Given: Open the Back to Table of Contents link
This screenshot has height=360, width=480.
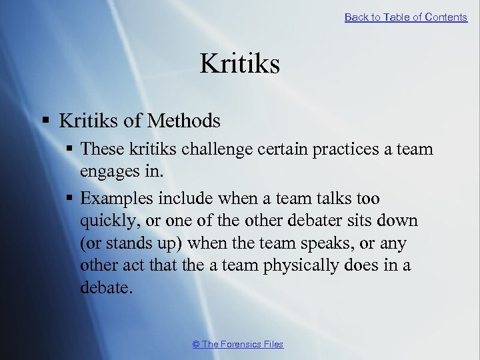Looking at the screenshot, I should pos(405,17).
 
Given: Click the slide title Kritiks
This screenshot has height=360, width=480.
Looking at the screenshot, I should pos(239,64).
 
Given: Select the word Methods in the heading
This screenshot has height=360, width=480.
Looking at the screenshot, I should pos(184,121).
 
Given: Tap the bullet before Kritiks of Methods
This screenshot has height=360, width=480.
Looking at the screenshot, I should pos(46,121).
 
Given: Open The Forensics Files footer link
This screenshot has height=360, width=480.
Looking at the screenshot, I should pos(237,344).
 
